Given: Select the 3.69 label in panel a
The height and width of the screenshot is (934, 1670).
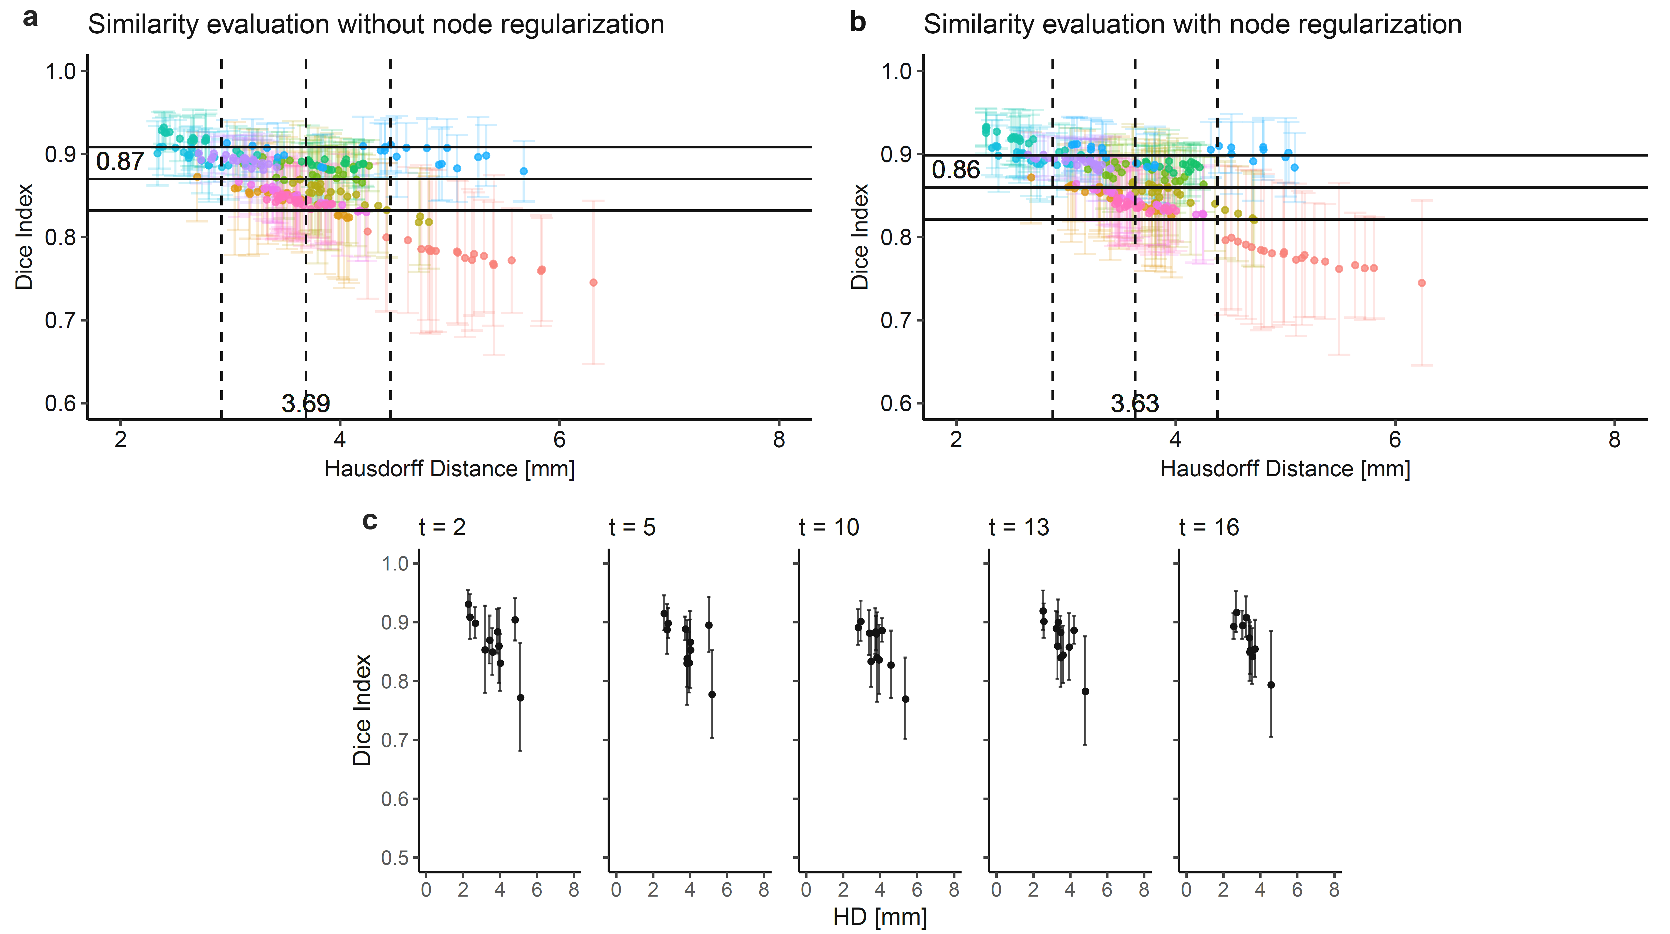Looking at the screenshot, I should tap(306, 404).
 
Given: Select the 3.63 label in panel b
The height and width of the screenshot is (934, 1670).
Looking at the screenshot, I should tap(1134, 404).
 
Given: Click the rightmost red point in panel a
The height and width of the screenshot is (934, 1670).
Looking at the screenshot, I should tap(593, 283).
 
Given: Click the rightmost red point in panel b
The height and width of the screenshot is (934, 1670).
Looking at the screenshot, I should tap(1422, 283).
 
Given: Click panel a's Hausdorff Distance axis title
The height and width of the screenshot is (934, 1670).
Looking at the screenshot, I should tap(449, 469).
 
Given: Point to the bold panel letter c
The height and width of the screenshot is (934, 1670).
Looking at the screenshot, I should tap(369, 521).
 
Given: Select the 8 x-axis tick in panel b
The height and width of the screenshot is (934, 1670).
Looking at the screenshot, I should tap(1614, 440).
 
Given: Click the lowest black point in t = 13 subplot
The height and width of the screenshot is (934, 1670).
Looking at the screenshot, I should tap(1085, 692).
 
